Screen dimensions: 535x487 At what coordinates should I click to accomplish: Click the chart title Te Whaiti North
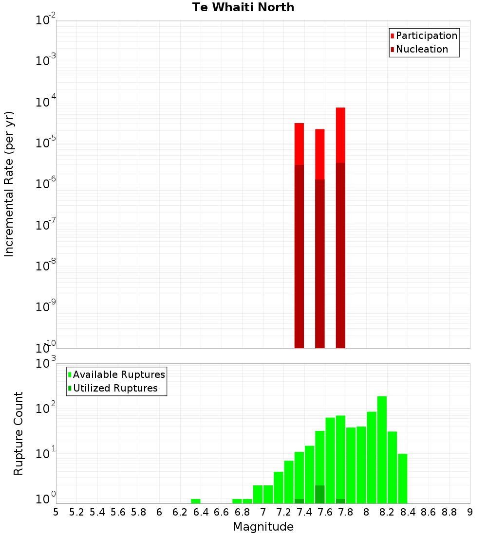pyautogui.click(x=243, y=7)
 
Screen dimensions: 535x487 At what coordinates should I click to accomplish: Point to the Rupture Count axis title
pyautogui.click(x=19, y=433)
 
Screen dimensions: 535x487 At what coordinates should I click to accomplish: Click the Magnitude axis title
pyautogui.click(x=263, y=527)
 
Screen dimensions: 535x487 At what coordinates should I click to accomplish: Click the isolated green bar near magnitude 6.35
pyautogui.click(x=196, y=501)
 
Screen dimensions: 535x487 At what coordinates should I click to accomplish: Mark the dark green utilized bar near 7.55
pyautogui.click(x=320, y=494)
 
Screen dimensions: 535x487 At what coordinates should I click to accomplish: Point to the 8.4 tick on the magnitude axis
pyautogui.click(x=408, y=512)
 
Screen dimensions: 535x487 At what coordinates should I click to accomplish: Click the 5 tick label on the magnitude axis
pyautogui.click(x=56, y=512)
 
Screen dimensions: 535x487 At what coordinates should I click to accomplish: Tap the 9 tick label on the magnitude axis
pyautogui.click(x=470, y=512)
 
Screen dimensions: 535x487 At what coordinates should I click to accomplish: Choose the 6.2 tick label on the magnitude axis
pyautogui.click(x=180, y=512)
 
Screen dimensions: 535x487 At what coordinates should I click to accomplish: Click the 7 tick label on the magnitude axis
pyautogui.click(x=263, y=512)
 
